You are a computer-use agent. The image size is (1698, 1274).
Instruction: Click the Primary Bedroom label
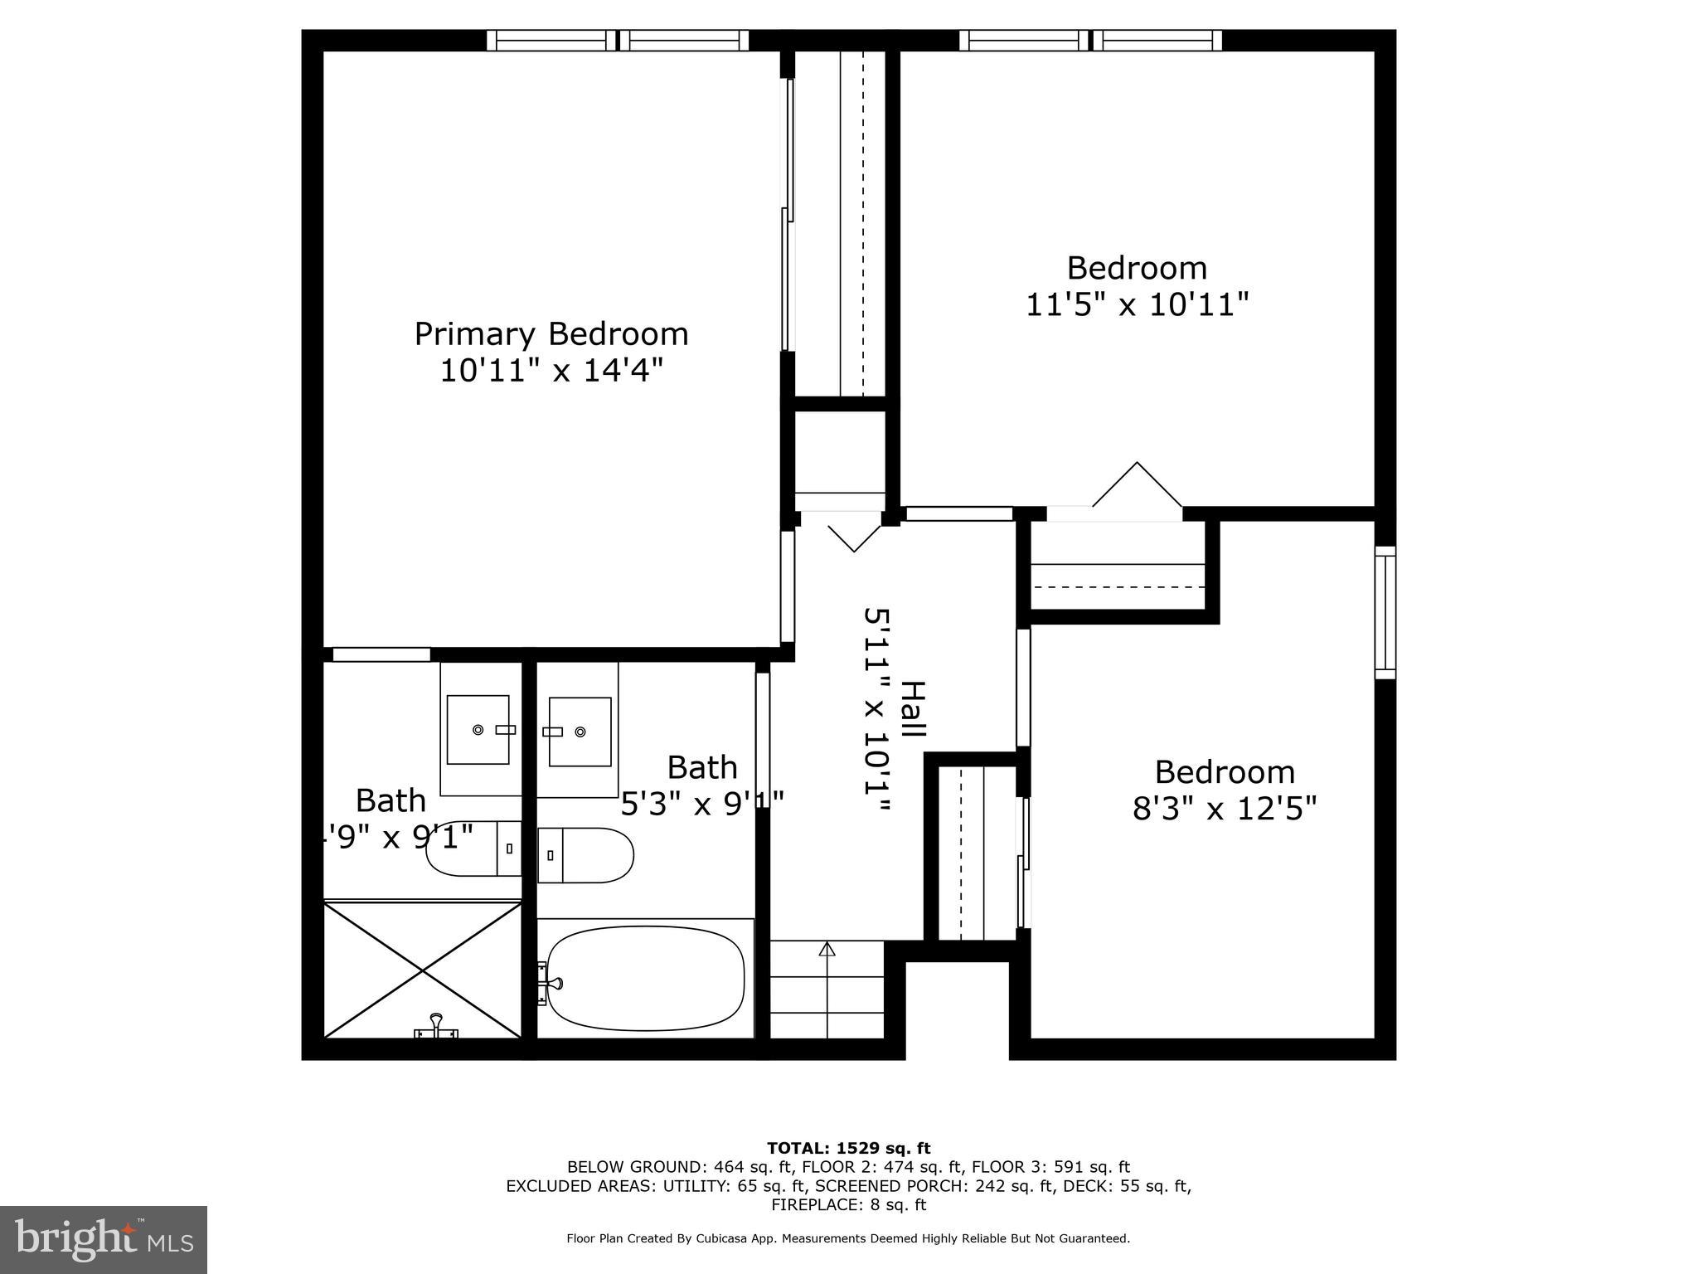click(551, 334)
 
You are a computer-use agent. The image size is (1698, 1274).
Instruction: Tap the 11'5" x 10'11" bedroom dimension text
click(1137, 305)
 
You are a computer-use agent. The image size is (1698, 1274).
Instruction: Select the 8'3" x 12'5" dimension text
click(1225, 808)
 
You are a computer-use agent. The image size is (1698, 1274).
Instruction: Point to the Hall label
click(912, 710)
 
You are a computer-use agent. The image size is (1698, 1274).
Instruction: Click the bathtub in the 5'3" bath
click(646, 978)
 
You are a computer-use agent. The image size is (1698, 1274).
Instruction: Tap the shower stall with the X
click(423, 970)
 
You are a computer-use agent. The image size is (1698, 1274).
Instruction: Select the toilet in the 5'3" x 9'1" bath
click(586, 855)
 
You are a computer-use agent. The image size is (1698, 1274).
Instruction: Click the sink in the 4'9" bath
click(478, 729)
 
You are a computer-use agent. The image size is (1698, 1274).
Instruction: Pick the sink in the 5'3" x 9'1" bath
click(580, 732)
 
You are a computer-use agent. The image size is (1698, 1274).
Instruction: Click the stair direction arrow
click(827, 950)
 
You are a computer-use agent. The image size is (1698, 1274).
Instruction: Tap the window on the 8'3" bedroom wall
click(1385, 612)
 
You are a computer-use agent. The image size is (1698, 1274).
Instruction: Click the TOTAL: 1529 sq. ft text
click(848, 1149)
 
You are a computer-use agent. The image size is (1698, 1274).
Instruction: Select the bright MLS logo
click(104, 1239)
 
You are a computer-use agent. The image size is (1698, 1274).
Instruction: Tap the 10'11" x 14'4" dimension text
click(551, 370)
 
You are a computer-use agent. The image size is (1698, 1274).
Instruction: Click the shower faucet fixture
click(436, 1028)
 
